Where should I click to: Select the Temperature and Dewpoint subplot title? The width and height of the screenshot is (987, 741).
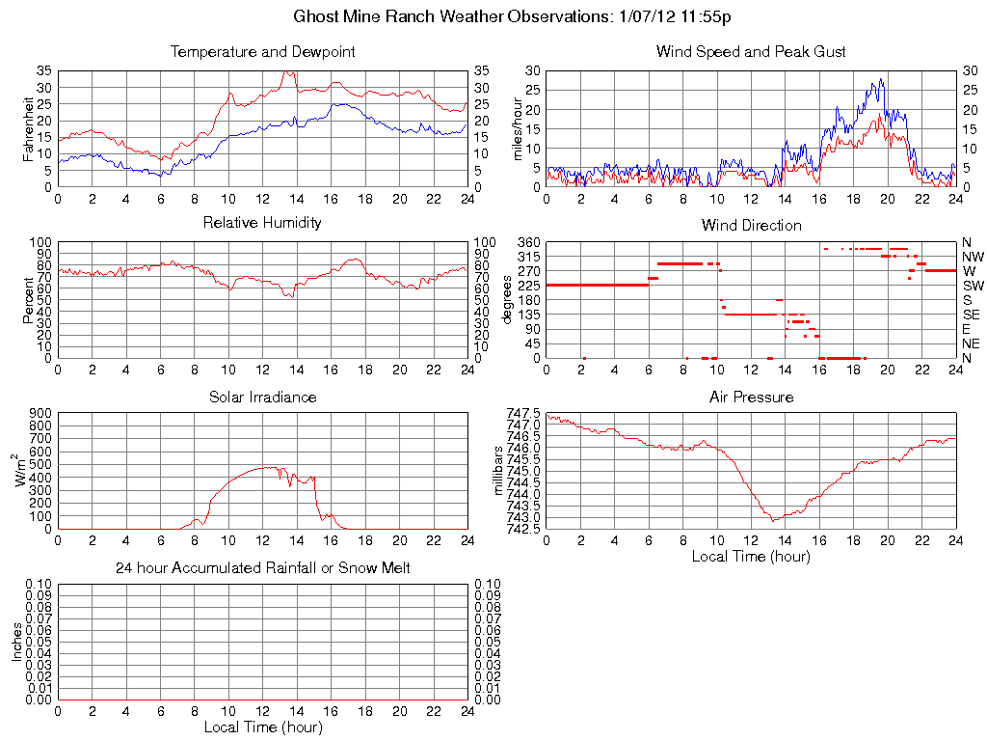point(262,52)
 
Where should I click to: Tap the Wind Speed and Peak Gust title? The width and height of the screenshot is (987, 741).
point(751,52)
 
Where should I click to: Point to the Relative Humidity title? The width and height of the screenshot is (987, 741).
point(262,223)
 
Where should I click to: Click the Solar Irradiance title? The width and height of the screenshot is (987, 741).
point(262,397)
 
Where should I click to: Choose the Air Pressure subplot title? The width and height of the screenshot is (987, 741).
point(751,397)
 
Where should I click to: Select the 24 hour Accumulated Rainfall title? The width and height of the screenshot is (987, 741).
point(262,568)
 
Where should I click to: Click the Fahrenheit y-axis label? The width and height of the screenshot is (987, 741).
point(28,128)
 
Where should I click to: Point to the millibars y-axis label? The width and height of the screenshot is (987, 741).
point(498,471)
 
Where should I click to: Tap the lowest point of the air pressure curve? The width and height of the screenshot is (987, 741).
point(774,521)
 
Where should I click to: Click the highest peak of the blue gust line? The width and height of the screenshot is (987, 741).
point(880,79)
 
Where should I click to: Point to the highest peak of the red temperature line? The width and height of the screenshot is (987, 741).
point(286,71)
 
